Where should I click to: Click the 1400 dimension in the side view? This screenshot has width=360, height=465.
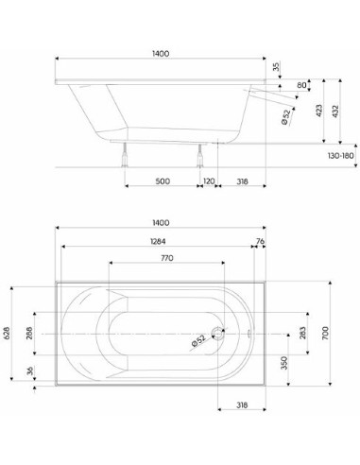(161, 54)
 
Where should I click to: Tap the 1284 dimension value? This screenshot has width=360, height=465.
(158, 241)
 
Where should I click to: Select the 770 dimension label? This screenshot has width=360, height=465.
(167, 258)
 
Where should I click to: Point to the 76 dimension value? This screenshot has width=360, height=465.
(260, 241)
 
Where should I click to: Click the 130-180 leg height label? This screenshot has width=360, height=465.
(341, 156)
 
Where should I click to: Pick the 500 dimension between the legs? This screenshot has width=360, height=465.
(163, 181)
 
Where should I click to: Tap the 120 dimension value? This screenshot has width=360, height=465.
(209, 181)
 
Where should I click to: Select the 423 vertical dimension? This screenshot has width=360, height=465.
(319, 111)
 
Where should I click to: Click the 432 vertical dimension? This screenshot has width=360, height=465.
(335, 112)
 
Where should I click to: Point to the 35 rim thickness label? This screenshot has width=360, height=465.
(276, 67)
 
